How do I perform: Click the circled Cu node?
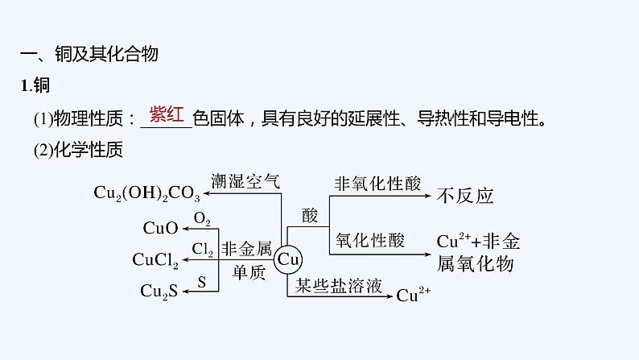[287, 259]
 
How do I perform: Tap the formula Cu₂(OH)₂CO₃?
[146, 193]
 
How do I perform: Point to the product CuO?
[160, 228]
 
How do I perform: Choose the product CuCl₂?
[155, 259]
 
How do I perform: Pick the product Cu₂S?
[159, 291]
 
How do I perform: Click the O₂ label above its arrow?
[201, 218]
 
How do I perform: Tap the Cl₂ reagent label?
[202, 250]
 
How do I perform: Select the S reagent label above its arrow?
[201, 281]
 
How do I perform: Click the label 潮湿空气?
[245, 181]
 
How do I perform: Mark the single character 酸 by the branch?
[310, 215]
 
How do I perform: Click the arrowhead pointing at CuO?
[184, 228]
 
